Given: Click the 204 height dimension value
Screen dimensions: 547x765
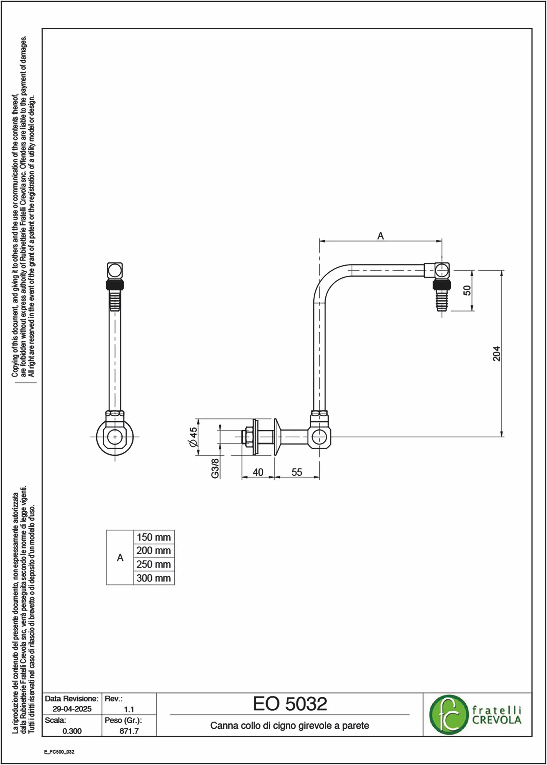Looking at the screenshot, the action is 496,353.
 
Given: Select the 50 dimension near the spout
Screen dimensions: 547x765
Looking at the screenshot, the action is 467,290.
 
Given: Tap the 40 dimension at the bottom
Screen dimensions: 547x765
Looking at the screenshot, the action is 258,472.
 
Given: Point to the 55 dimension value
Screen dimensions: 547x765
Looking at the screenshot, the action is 297,472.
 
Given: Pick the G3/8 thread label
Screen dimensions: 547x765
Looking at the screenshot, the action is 215,468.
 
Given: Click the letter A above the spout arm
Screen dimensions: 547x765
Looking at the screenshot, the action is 380,236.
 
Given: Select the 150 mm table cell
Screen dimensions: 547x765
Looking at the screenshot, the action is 154,537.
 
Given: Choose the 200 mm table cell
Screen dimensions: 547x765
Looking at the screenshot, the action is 154,550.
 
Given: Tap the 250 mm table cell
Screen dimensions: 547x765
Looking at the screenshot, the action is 154,564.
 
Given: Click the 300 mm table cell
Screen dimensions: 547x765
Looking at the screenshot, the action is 154,578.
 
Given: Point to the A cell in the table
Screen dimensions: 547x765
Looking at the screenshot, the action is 120,558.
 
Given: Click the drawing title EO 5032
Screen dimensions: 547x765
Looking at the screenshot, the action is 290,704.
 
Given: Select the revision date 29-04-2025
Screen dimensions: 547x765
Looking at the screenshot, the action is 72,709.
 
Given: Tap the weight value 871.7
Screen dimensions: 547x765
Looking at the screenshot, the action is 129,731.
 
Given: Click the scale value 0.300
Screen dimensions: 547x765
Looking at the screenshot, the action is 72,731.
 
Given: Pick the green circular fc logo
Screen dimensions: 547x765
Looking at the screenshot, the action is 448,715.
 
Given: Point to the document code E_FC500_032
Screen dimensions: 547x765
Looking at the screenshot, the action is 59,752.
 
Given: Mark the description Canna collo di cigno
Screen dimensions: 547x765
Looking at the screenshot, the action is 253,726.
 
